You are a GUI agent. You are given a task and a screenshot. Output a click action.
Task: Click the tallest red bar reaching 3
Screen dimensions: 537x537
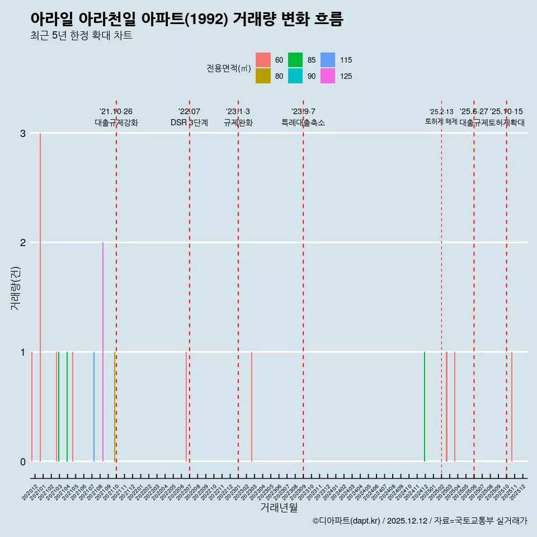[40, 280]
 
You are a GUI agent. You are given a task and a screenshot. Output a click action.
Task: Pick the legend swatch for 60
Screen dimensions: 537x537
[263, 60]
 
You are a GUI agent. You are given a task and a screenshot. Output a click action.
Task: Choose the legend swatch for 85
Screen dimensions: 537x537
[295, 60]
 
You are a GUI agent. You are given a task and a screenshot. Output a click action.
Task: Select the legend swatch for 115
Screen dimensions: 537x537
[328, 60]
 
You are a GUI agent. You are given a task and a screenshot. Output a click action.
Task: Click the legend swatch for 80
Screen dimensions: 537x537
[263, 76]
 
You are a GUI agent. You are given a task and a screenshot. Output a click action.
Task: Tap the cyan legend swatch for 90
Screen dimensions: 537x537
[295, 76]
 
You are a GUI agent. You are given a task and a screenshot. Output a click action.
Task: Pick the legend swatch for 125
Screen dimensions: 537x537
[328, 76]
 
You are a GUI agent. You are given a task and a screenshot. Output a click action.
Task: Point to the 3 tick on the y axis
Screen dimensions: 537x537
[22, 133]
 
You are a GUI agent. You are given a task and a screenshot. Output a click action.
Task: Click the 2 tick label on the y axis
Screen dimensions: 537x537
[22, 242]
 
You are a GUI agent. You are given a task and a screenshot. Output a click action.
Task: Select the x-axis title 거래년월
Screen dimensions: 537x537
[279, 507]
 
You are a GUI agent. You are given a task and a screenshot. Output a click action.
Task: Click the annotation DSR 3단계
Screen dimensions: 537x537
[190, 123]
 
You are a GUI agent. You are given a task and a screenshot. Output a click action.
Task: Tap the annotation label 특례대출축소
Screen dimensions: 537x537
[303, 123]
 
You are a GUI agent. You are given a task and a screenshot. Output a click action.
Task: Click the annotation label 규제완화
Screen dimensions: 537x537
[238, 123]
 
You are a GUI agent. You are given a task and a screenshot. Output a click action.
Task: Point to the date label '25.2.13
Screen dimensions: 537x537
[441, 112]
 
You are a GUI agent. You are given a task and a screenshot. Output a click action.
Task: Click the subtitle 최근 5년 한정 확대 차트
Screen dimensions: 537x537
[82, 36]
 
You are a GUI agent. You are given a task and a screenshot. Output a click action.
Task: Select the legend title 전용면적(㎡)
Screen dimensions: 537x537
[228, 68]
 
